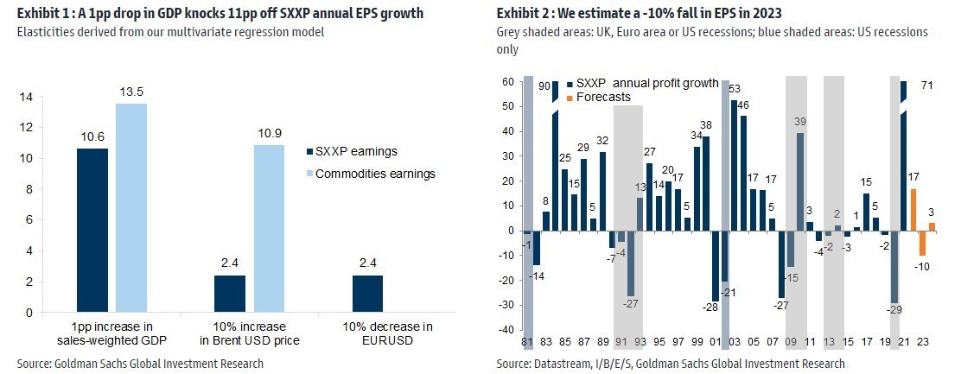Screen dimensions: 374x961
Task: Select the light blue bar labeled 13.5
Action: click(131, 207)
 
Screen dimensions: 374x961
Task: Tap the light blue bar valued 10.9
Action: click(269, 228)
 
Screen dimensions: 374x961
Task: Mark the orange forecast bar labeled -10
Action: click(922, 244)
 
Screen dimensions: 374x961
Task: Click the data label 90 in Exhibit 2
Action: click(544, 86)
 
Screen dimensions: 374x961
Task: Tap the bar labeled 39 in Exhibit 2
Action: click(800, 181)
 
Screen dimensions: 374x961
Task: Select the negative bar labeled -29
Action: click(894, 267)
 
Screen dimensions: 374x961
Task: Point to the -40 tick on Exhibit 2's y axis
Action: click(507, 329)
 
